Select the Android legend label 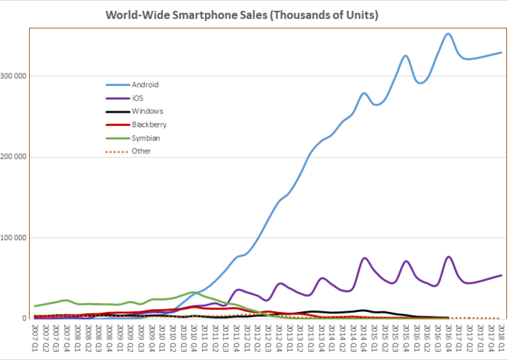tap(145, 84)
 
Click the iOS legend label tap(137, 97)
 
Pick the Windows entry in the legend tap(147, 111)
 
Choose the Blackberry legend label tap(149, 124)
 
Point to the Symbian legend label tap(146, 137)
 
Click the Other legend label tap(141, 151)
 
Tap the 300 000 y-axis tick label tap(15, 76)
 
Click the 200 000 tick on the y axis tap(15, 157)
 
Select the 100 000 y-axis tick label tap(15, 238)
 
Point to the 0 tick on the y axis tap(25, 319)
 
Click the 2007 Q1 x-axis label tap(34, 337)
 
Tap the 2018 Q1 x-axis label tap(501, 337)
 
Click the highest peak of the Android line tap(448, 33)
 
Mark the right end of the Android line tap(501, 52)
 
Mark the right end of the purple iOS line tap(501, 275)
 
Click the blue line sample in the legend tap(116, 84)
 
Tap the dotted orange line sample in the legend tap(116, 151)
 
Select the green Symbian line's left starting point tap(34, 306)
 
